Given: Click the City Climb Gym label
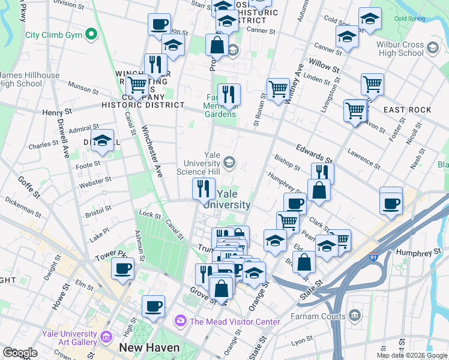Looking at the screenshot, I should point(53,35).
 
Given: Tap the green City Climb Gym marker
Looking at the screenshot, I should point(91,34).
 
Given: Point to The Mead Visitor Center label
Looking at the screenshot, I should point(235,322).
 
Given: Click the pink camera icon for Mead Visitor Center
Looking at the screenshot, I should point(180,322).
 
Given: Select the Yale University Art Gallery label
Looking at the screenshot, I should point(70,338).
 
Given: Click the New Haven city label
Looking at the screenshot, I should point(149,347).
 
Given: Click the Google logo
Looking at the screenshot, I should point(20,353).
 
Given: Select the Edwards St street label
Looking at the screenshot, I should point(314,152).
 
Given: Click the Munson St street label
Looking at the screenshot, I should point(83,88).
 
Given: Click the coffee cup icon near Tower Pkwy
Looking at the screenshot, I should point(123,269).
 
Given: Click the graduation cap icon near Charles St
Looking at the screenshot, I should point(103,141).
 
